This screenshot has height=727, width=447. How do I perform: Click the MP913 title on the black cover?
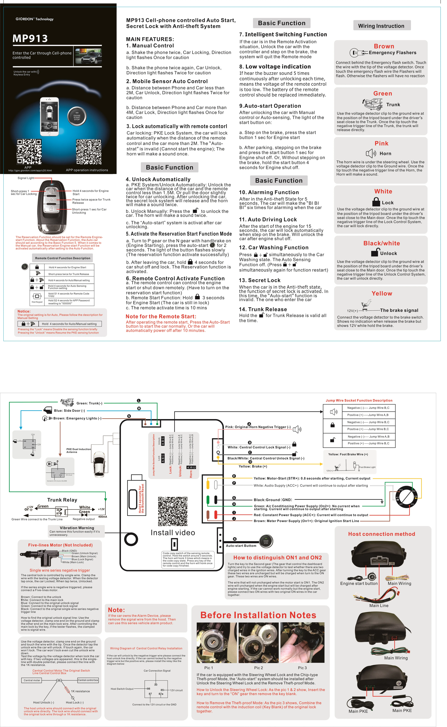coord(30,38)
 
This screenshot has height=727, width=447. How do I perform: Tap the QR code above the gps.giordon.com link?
coord(29,152)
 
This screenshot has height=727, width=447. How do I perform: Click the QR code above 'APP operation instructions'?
coord(89,152)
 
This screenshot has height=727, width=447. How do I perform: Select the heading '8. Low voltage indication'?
coord(275,67)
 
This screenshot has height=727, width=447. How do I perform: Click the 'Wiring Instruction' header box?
coord(382,26)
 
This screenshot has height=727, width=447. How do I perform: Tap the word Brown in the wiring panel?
coord(384,46)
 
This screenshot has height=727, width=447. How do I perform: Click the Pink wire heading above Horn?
coord(381,143)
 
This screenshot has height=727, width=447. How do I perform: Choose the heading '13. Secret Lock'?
coord(260,280)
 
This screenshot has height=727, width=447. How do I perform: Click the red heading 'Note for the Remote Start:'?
coord(161,316)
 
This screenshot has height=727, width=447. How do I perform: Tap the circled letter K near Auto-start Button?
coord(235,539)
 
